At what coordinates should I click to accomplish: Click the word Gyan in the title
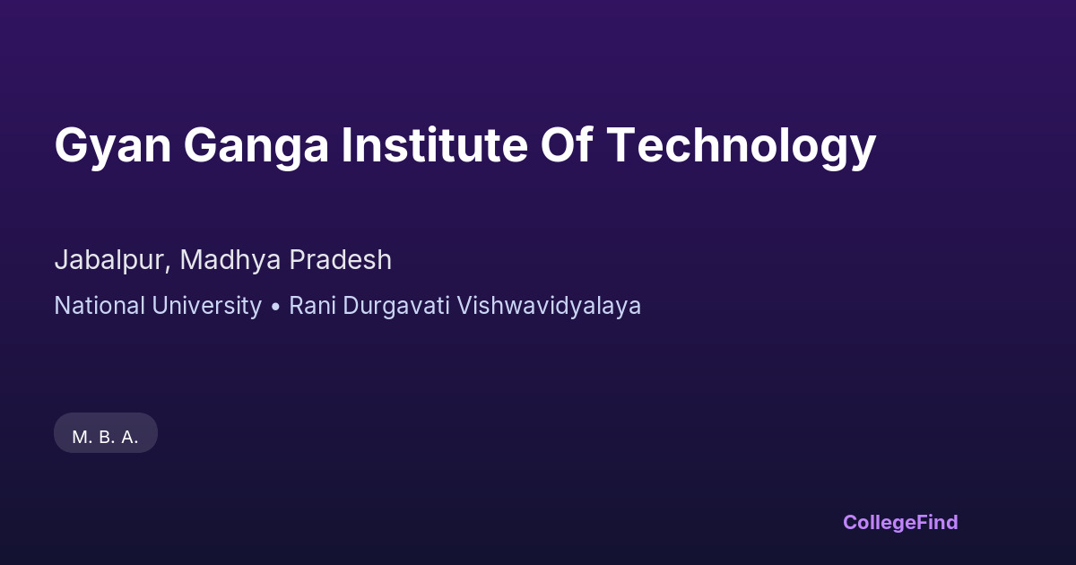coord(113,146)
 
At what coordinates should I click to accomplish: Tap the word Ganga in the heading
coord(256,146)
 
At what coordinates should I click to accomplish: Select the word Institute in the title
coord(434,144)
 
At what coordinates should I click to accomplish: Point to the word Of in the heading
coord(567,144)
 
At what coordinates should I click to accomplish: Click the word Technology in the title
coord(742,146)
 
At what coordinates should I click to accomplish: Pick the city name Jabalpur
coord(109,261)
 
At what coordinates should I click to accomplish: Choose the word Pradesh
coord(340,259)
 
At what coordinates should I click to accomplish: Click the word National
coord(100,306)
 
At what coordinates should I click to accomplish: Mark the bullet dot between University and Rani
coord(275,307)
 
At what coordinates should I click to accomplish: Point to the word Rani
coord(312,306)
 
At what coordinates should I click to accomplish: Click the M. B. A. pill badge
coord(106,432)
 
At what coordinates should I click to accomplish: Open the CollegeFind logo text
coord(900,523)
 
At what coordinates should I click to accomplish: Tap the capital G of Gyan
coord(72,144)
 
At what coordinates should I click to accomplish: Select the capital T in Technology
coord(621,144)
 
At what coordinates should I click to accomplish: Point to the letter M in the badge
coord(80,438)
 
